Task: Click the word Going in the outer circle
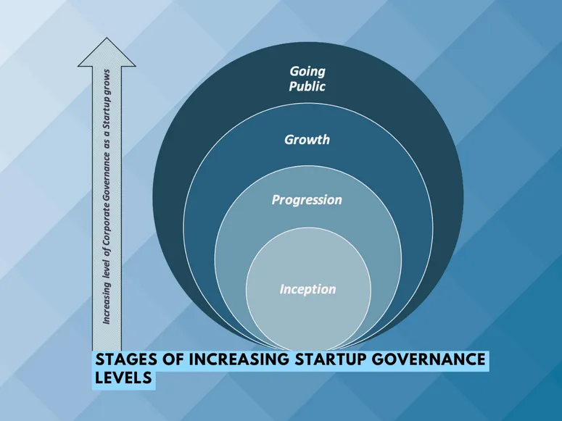click(307, 71)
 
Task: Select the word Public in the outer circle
click(307, 86)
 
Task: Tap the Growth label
click(307, 138)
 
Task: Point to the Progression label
click(307, 199)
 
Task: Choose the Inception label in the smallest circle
click(307, 289)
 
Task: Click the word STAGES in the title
click(129, 360)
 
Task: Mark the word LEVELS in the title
click(124, 378)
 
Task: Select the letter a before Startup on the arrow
click(106, 132)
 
